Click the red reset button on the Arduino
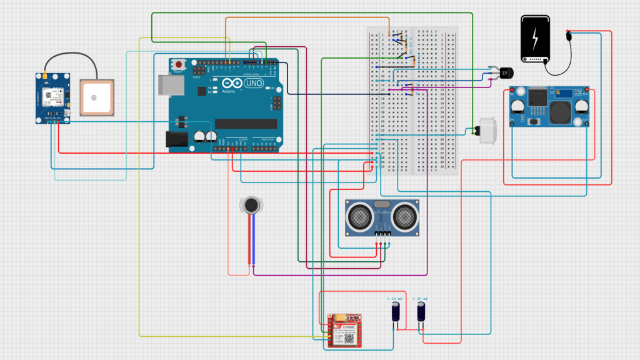[x=180, y=64]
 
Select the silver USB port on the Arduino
[x=166, y=85]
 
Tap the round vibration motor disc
[x=251, y=205]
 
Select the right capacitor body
[x=422, y=312]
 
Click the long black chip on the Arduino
[x=246, y=124]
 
